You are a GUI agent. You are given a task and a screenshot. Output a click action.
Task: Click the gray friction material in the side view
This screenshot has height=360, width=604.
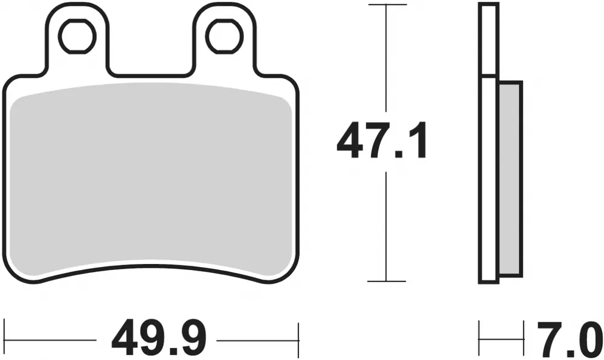(510, 179)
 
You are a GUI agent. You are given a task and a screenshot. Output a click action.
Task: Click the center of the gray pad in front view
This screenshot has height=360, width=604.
(151, 178)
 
